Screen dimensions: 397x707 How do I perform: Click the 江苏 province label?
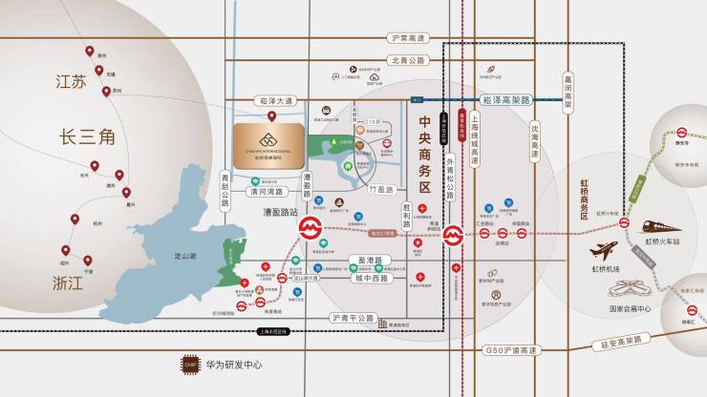70,82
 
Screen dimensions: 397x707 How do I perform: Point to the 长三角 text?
88,138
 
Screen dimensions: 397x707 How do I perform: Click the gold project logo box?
268,143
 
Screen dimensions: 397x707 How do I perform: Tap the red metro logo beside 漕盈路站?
311,229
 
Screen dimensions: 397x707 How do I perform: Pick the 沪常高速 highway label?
408,37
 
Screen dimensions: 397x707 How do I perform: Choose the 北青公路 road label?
408,60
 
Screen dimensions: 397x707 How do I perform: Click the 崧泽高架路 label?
506,98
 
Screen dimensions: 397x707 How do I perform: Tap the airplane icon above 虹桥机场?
604,253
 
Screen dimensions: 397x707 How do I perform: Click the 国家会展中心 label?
630,309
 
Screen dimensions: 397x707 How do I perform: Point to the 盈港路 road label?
370,260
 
